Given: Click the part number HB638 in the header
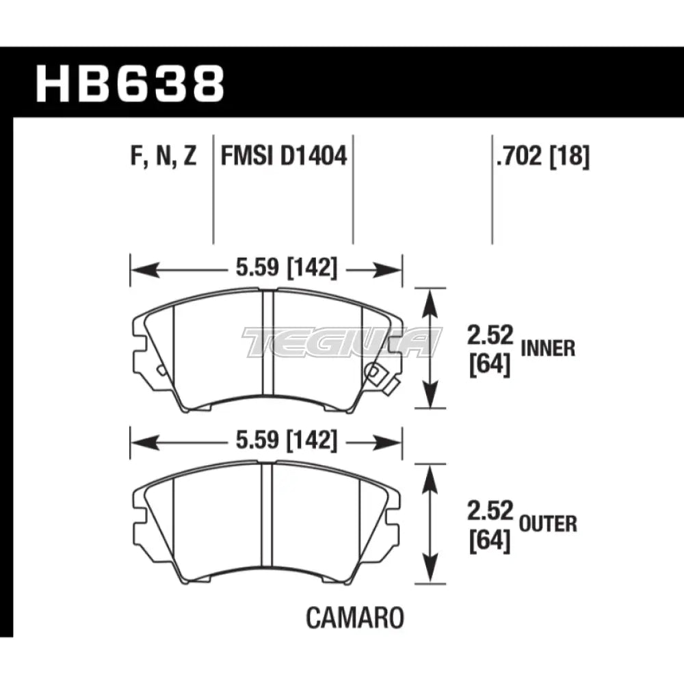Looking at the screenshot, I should click(x=130, y=84).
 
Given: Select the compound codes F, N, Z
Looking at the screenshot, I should click(x=163, y=157).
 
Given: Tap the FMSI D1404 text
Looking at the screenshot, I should click(x=283, y=157).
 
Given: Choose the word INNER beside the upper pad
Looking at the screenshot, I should click(x=548, y=348).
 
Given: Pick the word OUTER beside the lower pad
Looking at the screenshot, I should click(x=549, y=524).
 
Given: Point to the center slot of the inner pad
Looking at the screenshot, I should click(x=268, y=349).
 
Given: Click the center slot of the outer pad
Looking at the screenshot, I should click(x=268, y=523).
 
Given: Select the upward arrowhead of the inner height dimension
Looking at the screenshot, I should click(x=430, y=298).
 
